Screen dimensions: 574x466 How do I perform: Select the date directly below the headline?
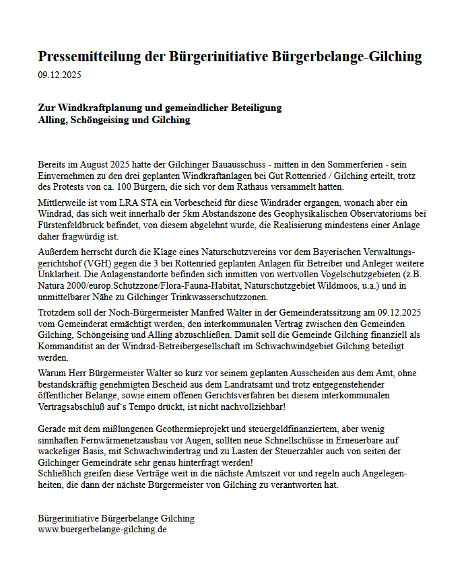pyautogui.click(x=59, y=75)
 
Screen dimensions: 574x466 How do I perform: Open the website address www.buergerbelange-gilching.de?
pyautogui.click(x=102, y=530)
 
